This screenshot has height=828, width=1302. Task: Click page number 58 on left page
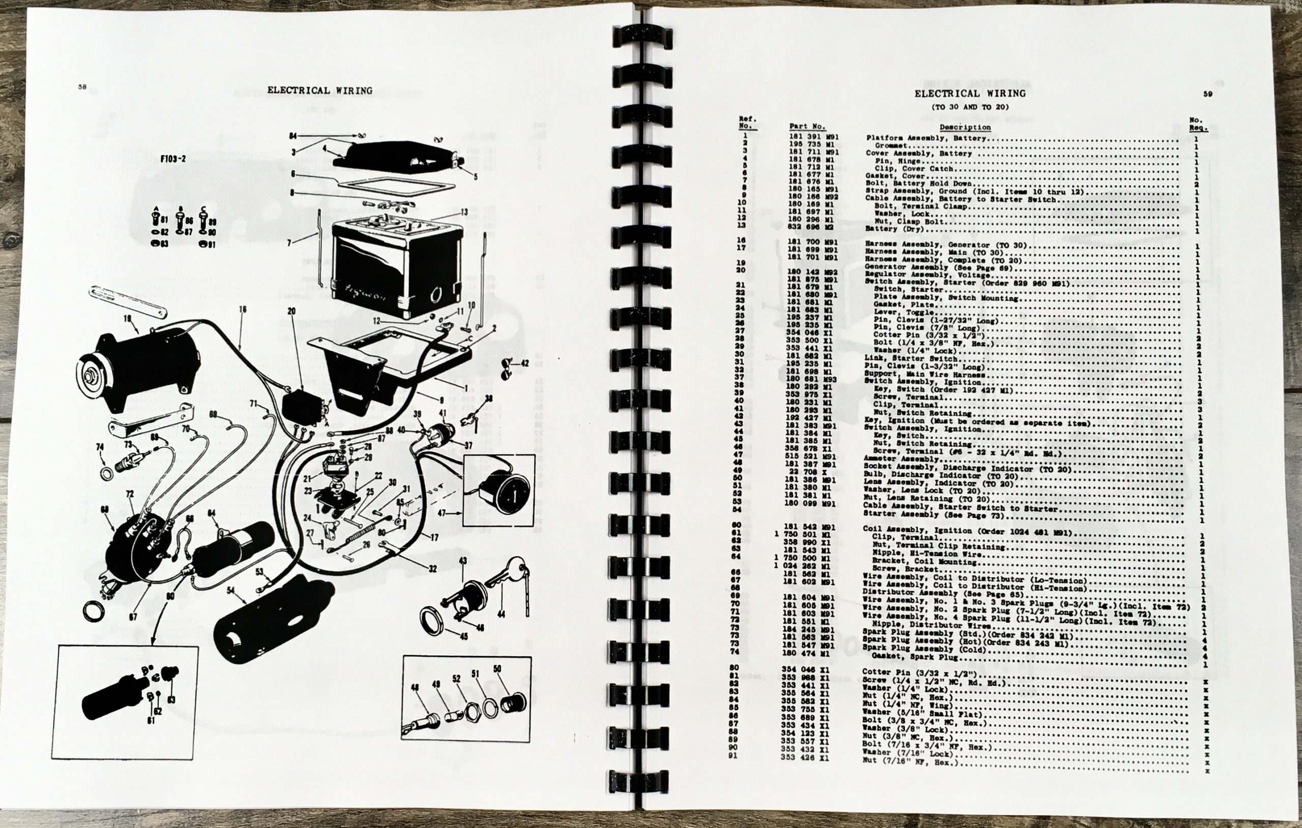tap(82, 87)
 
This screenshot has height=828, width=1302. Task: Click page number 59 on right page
tap(1207, 94)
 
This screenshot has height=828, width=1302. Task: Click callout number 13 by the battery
tap(464, 212)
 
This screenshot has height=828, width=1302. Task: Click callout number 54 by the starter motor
tap(231, 591)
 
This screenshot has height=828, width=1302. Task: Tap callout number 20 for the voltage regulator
tap(291, 311)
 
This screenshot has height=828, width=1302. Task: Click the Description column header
tap(965, 128)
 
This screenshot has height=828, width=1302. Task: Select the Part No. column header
tap(807, 127)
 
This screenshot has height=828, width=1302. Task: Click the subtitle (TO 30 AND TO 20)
tap(969, 107)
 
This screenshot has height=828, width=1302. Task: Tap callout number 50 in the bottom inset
tap(497, 669)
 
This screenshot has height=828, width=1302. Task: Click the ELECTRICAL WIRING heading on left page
tap(319, 91)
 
